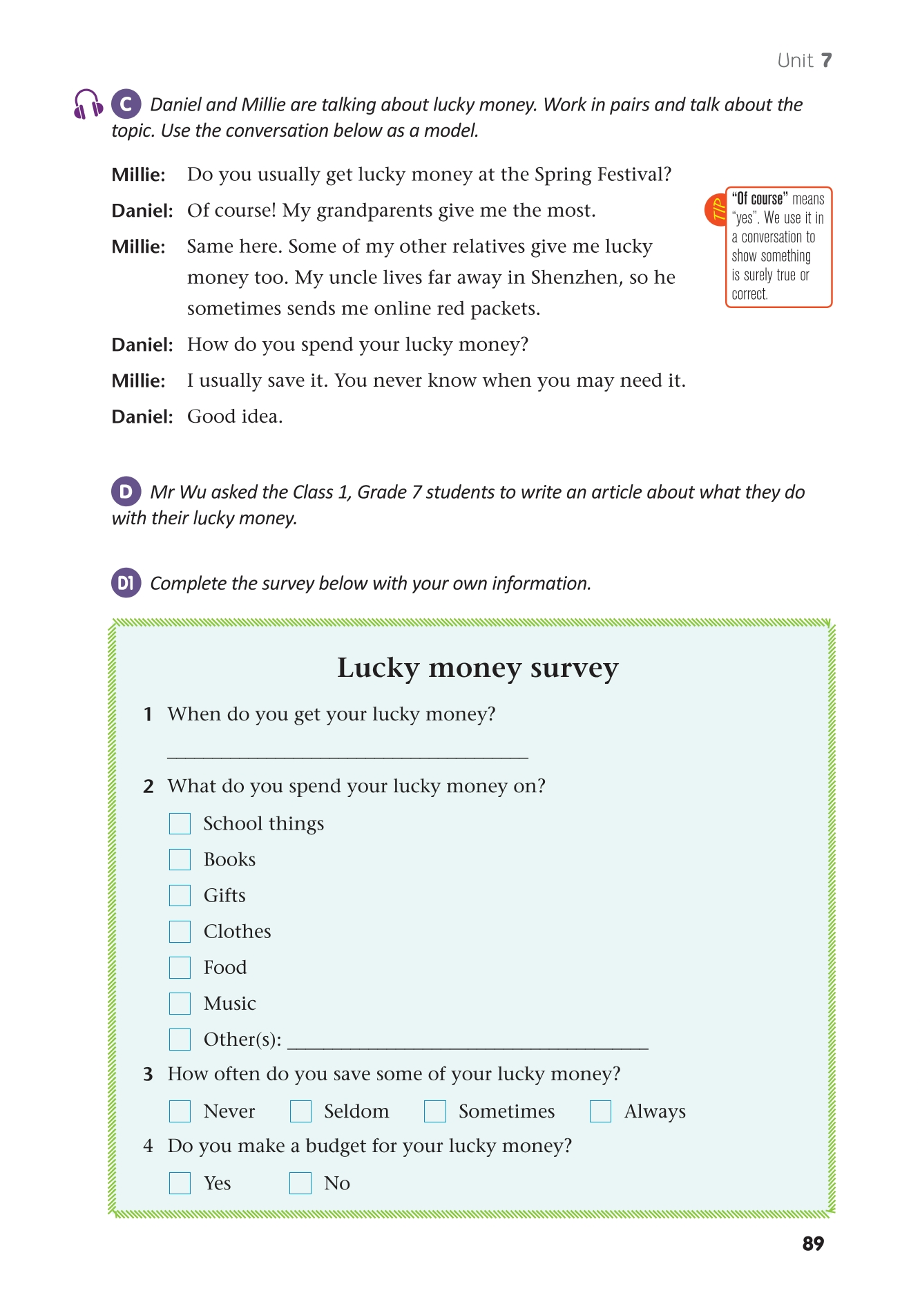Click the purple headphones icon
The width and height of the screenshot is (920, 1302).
click(88, 104)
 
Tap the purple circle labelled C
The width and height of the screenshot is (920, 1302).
click(126, 104)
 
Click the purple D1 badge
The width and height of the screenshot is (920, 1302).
click(126, 583)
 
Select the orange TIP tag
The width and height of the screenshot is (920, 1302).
click(716, 209)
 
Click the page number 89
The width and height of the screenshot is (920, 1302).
click(813, 1243)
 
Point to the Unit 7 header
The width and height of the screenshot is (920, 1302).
click(804, 61)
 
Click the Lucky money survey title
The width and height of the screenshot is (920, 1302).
click(477, 668)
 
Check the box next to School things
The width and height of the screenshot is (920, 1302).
click(180, 823)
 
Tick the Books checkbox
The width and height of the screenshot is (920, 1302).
click(180, 859)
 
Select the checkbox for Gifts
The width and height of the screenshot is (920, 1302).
click(180, 895)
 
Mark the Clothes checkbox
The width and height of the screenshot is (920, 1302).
click(180, 931)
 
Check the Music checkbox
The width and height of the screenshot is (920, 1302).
click(180, 1003)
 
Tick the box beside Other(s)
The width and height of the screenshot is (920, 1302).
click(180, 1039)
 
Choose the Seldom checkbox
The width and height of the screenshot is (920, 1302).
click(300, 1111)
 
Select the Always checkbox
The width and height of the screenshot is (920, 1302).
click(600, 1111)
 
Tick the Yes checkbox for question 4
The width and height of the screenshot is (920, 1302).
click(180, 1183)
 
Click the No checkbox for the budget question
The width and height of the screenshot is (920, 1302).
click(300, 1183)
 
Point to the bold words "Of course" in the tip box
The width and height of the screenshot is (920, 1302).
click(759, 199)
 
